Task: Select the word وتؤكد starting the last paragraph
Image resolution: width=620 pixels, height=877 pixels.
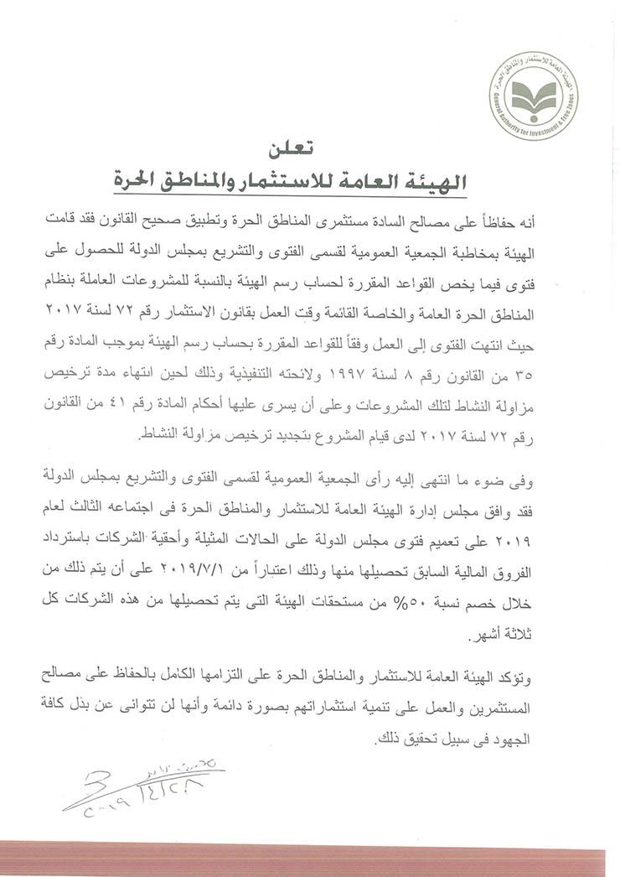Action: click(x=558, y=676)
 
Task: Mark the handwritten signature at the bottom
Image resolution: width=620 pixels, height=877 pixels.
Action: click(x=138, y=783)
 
